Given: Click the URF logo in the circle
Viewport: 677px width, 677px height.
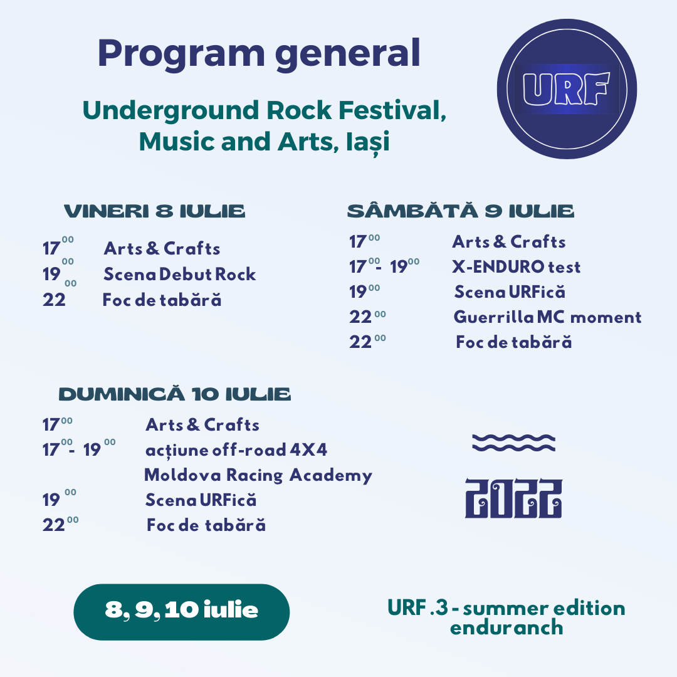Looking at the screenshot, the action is pyautogui.click(x=567, y=89).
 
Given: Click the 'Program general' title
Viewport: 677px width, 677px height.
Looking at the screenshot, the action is pyautogui.click(x=259, y=53).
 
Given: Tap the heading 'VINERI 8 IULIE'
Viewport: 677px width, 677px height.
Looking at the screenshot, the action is pyautogui.click(x=155, y=211).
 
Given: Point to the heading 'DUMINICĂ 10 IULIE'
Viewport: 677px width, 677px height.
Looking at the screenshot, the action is pyautogui.click(x=175, y=394).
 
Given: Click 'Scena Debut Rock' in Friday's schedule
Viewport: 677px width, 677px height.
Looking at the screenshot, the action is pyautogui.click(x=180, y=274).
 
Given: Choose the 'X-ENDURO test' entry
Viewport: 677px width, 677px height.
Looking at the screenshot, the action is pyautogui.click(x=517, y=267).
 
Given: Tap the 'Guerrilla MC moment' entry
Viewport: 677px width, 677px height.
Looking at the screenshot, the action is pyautogui.click(x=547, y=317).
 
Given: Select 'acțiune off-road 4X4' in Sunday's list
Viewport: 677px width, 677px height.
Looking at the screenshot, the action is pyautogui.click(x=236, y=450).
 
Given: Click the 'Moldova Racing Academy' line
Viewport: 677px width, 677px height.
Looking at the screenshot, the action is pyautogui.click(x=258, y=475).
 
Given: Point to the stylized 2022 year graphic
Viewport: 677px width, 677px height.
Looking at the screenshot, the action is pyautogui.click(x=514, y=498).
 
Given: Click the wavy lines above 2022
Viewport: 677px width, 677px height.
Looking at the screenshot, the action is pyautogui.click(x=514, y=443).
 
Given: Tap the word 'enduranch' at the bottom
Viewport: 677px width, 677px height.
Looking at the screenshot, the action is pyautogui.click(x=506, y=627).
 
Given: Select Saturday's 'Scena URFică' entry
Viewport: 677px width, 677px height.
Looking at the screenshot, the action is pyautogui.click(x=510, y=292).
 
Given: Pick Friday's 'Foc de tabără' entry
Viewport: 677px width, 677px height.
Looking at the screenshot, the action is pyautogui.click(x=162, y=300).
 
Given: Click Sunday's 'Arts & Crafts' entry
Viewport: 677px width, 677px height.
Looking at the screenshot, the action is pyautogui.click(x=202, y=425).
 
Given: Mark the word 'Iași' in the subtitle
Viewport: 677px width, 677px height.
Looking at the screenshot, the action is pyautogui.click(x=368, y=142).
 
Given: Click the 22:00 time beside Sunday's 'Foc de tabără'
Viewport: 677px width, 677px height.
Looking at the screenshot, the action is pyautogui.click(x=60, y=524).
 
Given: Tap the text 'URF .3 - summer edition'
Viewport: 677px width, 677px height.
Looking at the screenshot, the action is pyautogui.click(x=506, y=608).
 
